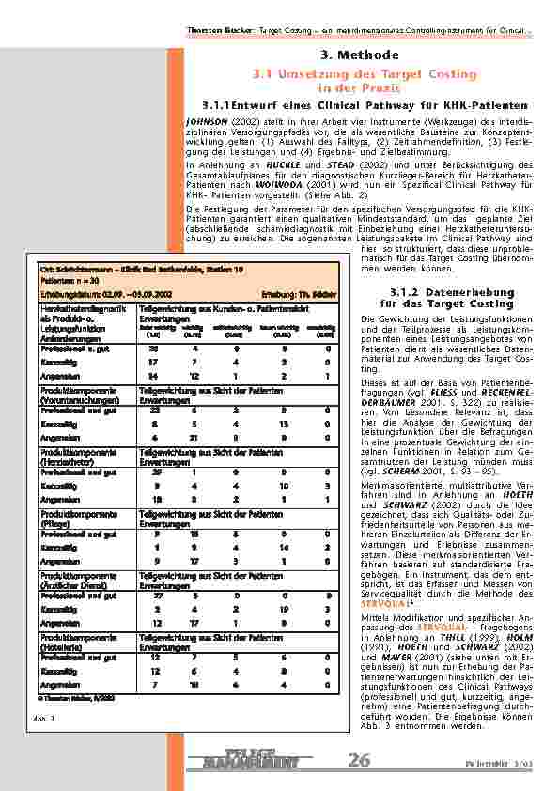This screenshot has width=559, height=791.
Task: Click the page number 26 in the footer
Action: point(359,759)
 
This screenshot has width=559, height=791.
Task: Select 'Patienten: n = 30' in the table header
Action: point(68,281)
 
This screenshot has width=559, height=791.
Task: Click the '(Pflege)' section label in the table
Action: point(59,528)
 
